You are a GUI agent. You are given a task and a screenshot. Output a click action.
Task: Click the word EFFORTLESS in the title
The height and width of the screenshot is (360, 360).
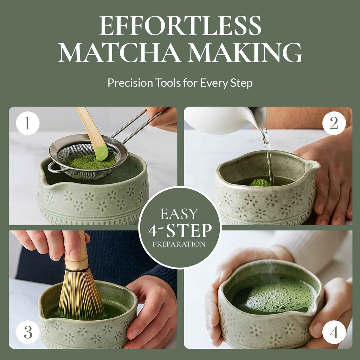coord(180,26)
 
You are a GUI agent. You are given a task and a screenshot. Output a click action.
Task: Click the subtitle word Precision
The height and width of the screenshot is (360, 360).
coord(129,83)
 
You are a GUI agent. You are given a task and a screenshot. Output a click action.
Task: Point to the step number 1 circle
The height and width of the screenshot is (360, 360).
coord(27,123)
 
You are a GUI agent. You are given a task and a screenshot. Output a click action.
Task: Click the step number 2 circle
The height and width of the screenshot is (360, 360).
coord(334,123)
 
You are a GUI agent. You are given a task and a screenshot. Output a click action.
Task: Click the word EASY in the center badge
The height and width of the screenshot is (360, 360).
coord(180,214)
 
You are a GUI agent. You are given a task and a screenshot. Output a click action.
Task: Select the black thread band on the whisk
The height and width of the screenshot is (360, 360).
coord(77,270)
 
